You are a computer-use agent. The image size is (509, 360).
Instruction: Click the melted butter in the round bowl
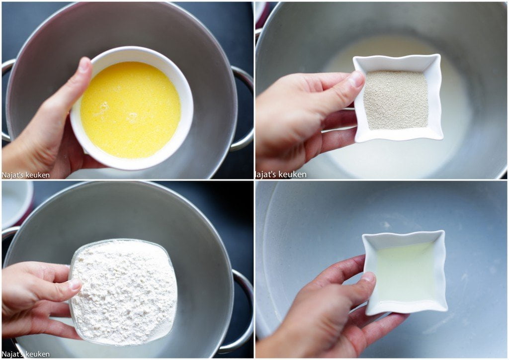click(131, 110)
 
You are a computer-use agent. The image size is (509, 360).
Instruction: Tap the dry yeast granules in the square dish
click(396, 99)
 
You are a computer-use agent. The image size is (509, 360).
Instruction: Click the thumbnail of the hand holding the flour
click(75, 284)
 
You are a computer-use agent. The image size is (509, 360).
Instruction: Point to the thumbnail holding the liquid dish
click(368, 277)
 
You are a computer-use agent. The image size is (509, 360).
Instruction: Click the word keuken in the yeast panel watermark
click(293, 175)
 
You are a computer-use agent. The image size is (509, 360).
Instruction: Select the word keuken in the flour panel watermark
click(37, 354)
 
